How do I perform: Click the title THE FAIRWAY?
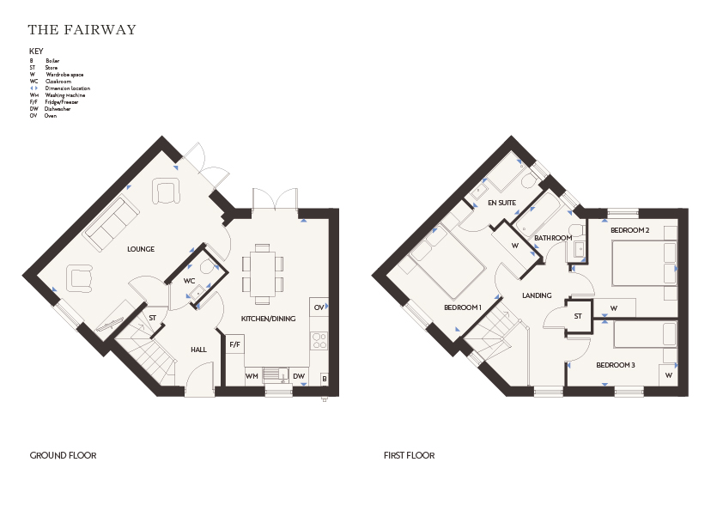click(82, 29)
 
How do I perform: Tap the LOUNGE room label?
click(141, 249)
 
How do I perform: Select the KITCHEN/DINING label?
click(269, 319)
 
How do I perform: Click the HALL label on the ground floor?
click(198, 350)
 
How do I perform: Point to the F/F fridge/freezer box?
click(235, 344)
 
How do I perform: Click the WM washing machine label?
click(252, 376)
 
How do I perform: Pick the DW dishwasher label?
click(299, 376)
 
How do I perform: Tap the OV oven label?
click(319, 307)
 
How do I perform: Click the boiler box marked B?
click(325, 379)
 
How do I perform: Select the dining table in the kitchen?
click(263, 274)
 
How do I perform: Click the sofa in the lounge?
click(111, 224)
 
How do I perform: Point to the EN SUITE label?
click(501, 203)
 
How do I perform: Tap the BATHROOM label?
click(553, 238)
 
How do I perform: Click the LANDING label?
click(537, 295)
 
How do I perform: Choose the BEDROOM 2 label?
click(630, 230)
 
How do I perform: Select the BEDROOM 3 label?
click(616, 365)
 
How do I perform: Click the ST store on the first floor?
click(578, 316)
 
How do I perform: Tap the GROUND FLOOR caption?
click(64, 456)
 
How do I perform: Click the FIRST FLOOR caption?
click(410, 456)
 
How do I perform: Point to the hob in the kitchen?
click(319, 341)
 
